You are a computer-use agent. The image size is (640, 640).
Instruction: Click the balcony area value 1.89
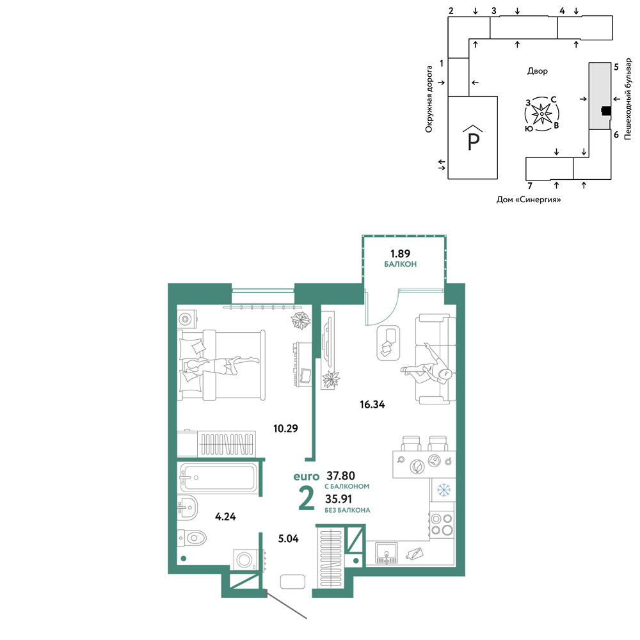point(400,253)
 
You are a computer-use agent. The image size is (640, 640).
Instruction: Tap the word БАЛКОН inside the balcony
point(401,264)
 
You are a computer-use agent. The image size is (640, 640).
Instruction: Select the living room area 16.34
point(372,404)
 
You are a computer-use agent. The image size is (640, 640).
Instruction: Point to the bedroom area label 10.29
point(285,429)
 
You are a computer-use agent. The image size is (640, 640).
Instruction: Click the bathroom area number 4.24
point(225,516)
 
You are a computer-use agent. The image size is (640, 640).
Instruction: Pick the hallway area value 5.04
point(288,539)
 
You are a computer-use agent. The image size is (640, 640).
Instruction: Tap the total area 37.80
point(341,476)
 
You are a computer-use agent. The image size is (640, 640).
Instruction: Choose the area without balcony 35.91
point(339,499)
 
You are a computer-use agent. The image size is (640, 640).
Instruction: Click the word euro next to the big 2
point(307,476)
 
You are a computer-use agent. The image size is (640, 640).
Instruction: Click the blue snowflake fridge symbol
point(444,490)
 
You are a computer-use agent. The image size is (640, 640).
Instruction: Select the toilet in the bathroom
point(192,538)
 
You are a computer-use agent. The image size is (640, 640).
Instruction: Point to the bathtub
point(219,477)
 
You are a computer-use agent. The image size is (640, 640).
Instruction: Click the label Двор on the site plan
point(537,71)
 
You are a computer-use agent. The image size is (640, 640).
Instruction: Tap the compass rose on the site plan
point(541,114)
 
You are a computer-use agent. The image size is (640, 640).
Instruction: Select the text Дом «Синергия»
point(529,200)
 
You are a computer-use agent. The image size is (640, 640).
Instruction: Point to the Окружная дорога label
point(429,99)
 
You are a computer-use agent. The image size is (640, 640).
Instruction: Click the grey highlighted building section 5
point(599,96)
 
